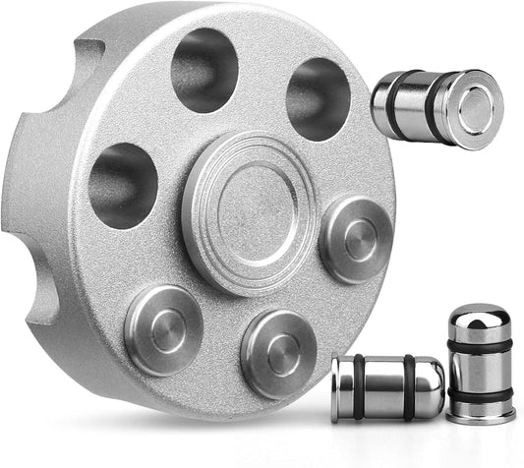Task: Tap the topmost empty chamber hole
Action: coord(204,69)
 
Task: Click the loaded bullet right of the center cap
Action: coord(356,236)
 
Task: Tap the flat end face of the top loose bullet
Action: coord(478,110)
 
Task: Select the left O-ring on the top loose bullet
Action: coord(393,102)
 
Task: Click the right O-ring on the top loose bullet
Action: coord(434,107)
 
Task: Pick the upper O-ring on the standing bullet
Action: coord(480,344)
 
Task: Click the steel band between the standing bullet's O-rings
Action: coord(480,369)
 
